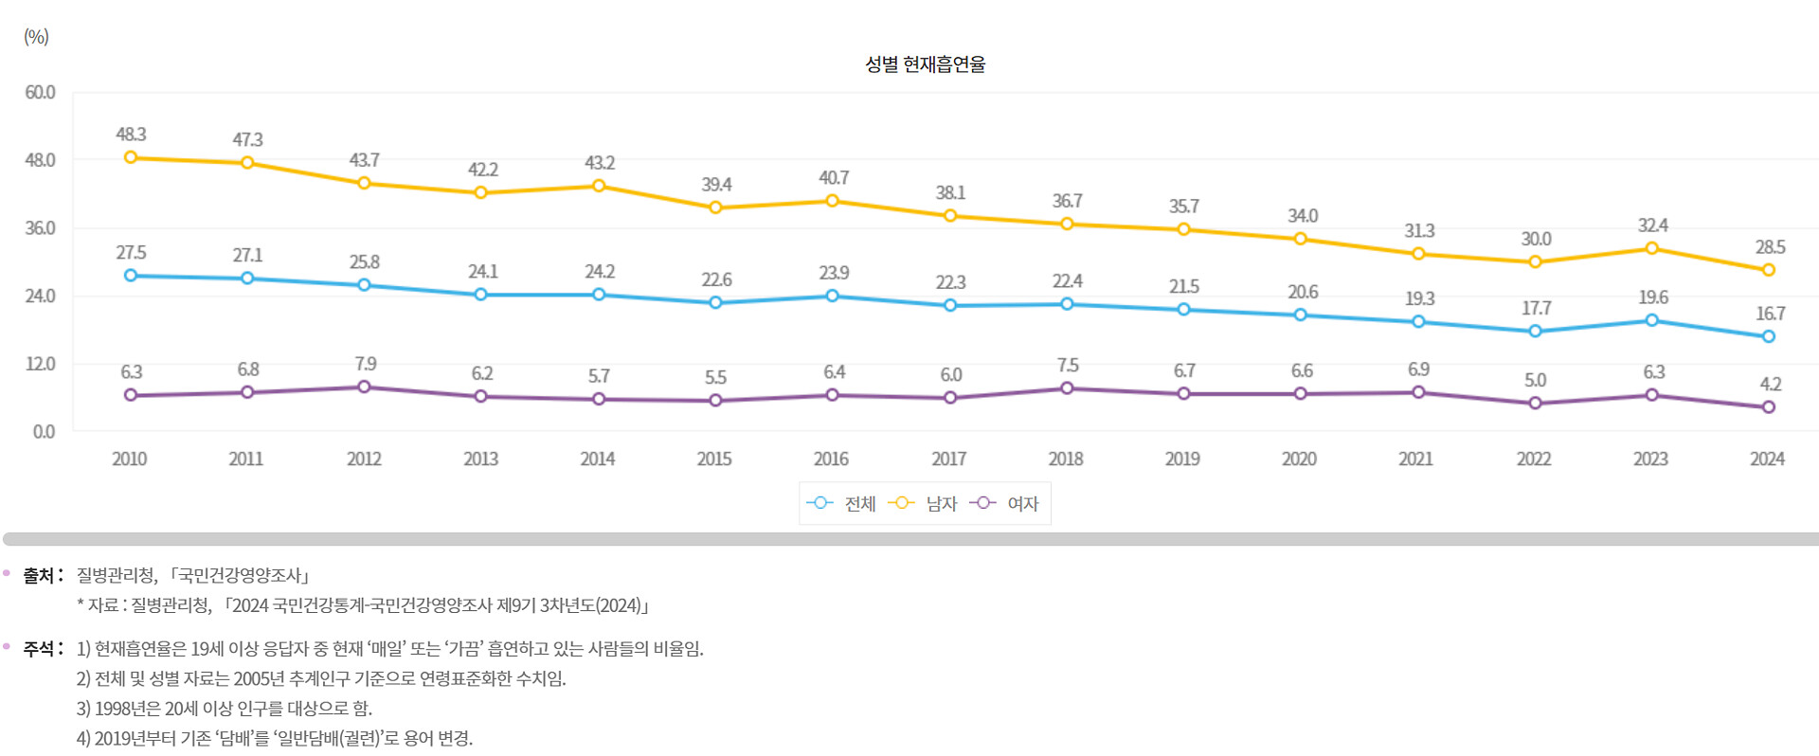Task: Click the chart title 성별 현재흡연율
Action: (925, 64)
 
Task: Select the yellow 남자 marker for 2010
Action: (131, 157)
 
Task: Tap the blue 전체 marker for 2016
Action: (832, 296)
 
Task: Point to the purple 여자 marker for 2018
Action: (1067, 388)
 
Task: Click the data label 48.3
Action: (131, 135)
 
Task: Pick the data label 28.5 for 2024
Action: (1770, 247)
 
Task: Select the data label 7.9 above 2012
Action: (365, 364)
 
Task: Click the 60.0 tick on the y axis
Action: (40, 93)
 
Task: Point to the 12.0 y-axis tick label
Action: (40, 364)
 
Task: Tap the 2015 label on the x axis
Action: (714, 459)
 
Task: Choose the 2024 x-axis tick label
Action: (1767, 459)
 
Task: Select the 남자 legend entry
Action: (924, 504)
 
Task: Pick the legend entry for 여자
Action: (1005, 504)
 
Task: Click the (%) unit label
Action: (36, 37)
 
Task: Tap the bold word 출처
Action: (40, 576)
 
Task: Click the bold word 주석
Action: (40, 649)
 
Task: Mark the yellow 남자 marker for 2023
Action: (1651, 248)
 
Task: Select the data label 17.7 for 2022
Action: (1536, 309)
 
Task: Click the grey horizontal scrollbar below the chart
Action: (909, 539)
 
